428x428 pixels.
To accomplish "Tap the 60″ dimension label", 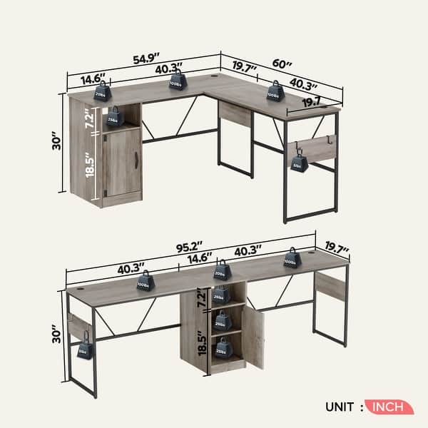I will coord(283,63).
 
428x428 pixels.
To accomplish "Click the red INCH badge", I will coord(388,407).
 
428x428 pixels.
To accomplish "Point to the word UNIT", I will coord(339,407).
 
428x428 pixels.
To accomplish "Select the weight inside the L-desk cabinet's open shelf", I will coord(113,117).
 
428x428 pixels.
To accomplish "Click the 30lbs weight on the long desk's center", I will coord(220,271).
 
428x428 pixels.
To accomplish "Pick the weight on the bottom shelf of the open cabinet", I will coord(224,347).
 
